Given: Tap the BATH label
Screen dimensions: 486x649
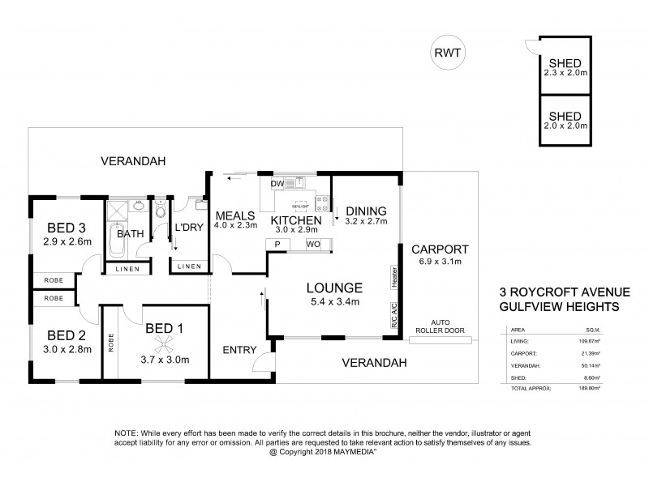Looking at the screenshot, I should pyautogui.click(x=130, y=233).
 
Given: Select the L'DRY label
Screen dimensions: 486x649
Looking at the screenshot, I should pyautogui.click(x=187, y=229).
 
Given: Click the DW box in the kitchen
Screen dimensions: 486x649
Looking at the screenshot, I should pyautogui.click(x=277, y=184).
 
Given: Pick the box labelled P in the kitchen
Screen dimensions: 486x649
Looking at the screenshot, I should pyautogui.click(x=277, y=245).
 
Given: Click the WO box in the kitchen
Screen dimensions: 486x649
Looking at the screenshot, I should pyautogui.click(x=311, y=245).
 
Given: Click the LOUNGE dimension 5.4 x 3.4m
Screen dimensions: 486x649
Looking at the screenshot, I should pyautogui.click(x=333, y=301).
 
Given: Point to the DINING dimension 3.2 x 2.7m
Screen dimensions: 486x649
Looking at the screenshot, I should pyautogui.click(x=366, y=220).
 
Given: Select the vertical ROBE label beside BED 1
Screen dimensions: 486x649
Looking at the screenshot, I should pyautogui.click(x=110, y=343).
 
